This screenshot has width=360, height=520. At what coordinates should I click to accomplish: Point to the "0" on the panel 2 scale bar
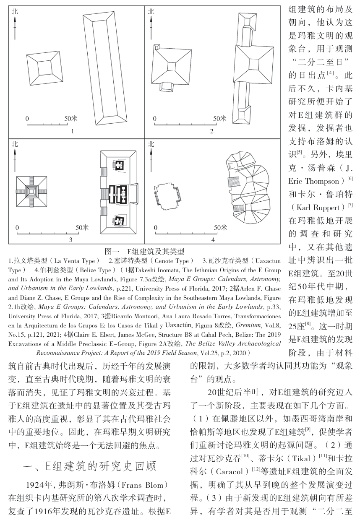[155, 118]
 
